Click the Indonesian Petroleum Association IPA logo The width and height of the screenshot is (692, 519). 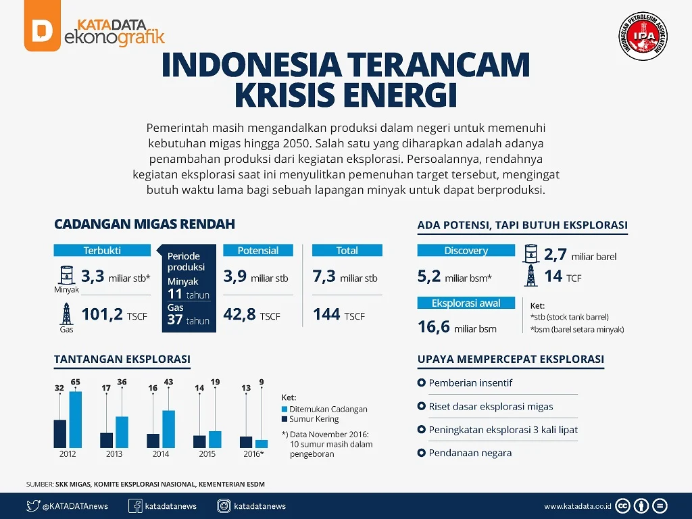point(642,36)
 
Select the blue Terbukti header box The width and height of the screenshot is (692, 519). point(102,250)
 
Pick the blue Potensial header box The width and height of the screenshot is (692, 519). point(258,250)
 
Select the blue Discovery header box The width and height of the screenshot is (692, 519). point(466,250)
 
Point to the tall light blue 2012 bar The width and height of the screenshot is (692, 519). point(75,420)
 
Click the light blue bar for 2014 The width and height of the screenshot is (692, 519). point(168,429)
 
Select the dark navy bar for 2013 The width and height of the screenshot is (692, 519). point(106,440)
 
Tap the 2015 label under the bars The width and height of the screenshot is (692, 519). point(207,454)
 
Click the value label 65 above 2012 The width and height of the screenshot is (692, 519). point(75,382)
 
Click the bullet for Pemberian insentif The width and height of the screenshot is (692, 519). point(421,383)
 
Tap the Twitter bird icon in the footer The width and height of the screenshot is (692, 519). point(33,505)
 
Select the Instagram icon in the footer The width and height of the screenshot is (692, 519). point(224,505)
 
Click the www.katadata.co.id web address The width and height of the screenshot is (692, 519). point(578,505)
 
